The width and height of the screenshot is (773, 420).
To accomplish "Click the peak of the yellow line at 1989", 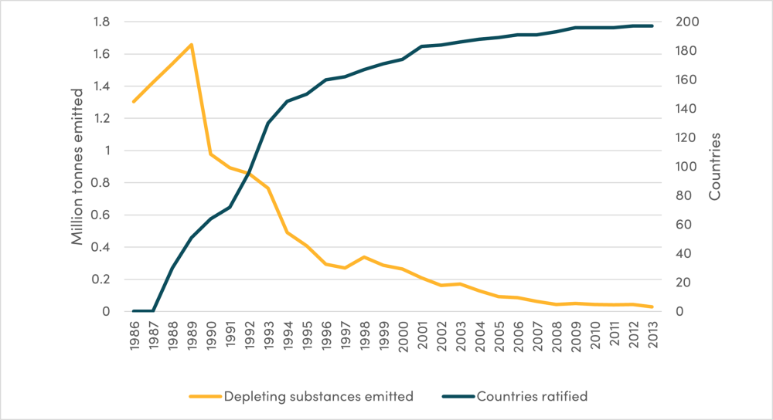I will (191, 45).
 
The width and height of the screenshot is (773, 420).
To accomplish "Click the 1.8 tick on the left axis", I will (100, 22).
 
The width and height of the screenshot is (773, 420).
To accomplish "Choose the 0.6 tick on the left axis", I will (100, 215).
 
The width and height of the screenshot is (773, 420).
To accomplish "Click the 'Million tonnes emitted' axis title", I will (77, 167).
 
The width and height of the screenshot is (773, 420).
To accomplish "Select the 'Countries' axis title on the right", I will (715, 167).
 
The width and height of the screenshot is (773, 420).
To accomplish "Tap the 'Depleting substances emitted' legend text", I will (318, 397).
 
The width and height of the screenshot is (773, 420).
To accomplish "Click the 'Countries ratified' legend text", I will (533, 397).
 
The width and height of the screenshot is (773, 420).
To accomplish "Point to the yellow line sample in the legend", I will (204, 397).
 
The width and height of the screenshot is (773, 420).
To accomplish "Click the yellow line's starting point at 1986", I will (134, 101).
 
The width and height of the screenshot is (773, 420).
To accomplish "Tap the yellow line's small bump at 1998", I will (364, 257).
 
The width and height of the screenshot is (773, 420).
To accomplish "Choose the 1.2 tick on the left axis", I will (100, 119).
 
